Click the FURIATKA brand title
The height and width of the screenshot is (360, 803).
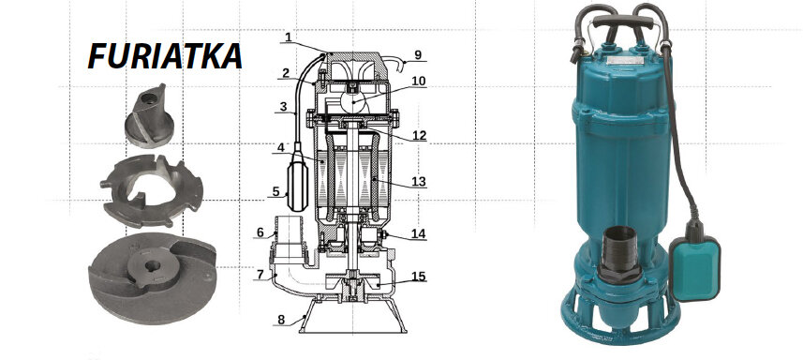(x=165, y=57)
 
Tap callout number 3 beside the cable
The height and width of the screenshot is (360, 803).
(x=282, y=108)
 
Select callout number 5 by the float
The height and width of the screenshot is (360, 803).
(x=276, y=192)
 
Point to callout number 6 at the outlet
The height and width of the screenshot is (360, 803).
(x=260, y=232)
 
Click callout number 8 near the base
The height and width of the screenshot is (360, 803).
(x=280, y=320)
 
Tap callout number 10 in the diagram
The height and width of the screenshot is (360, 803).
(x=418, y=81)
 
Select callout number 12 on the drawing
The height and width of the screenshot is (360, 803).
(x=419, y=135)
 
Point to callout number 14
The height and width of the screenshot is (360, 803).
(x=418, y=232)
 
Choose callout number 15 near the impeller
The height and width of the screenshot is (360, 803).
(x=418, y=276)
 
